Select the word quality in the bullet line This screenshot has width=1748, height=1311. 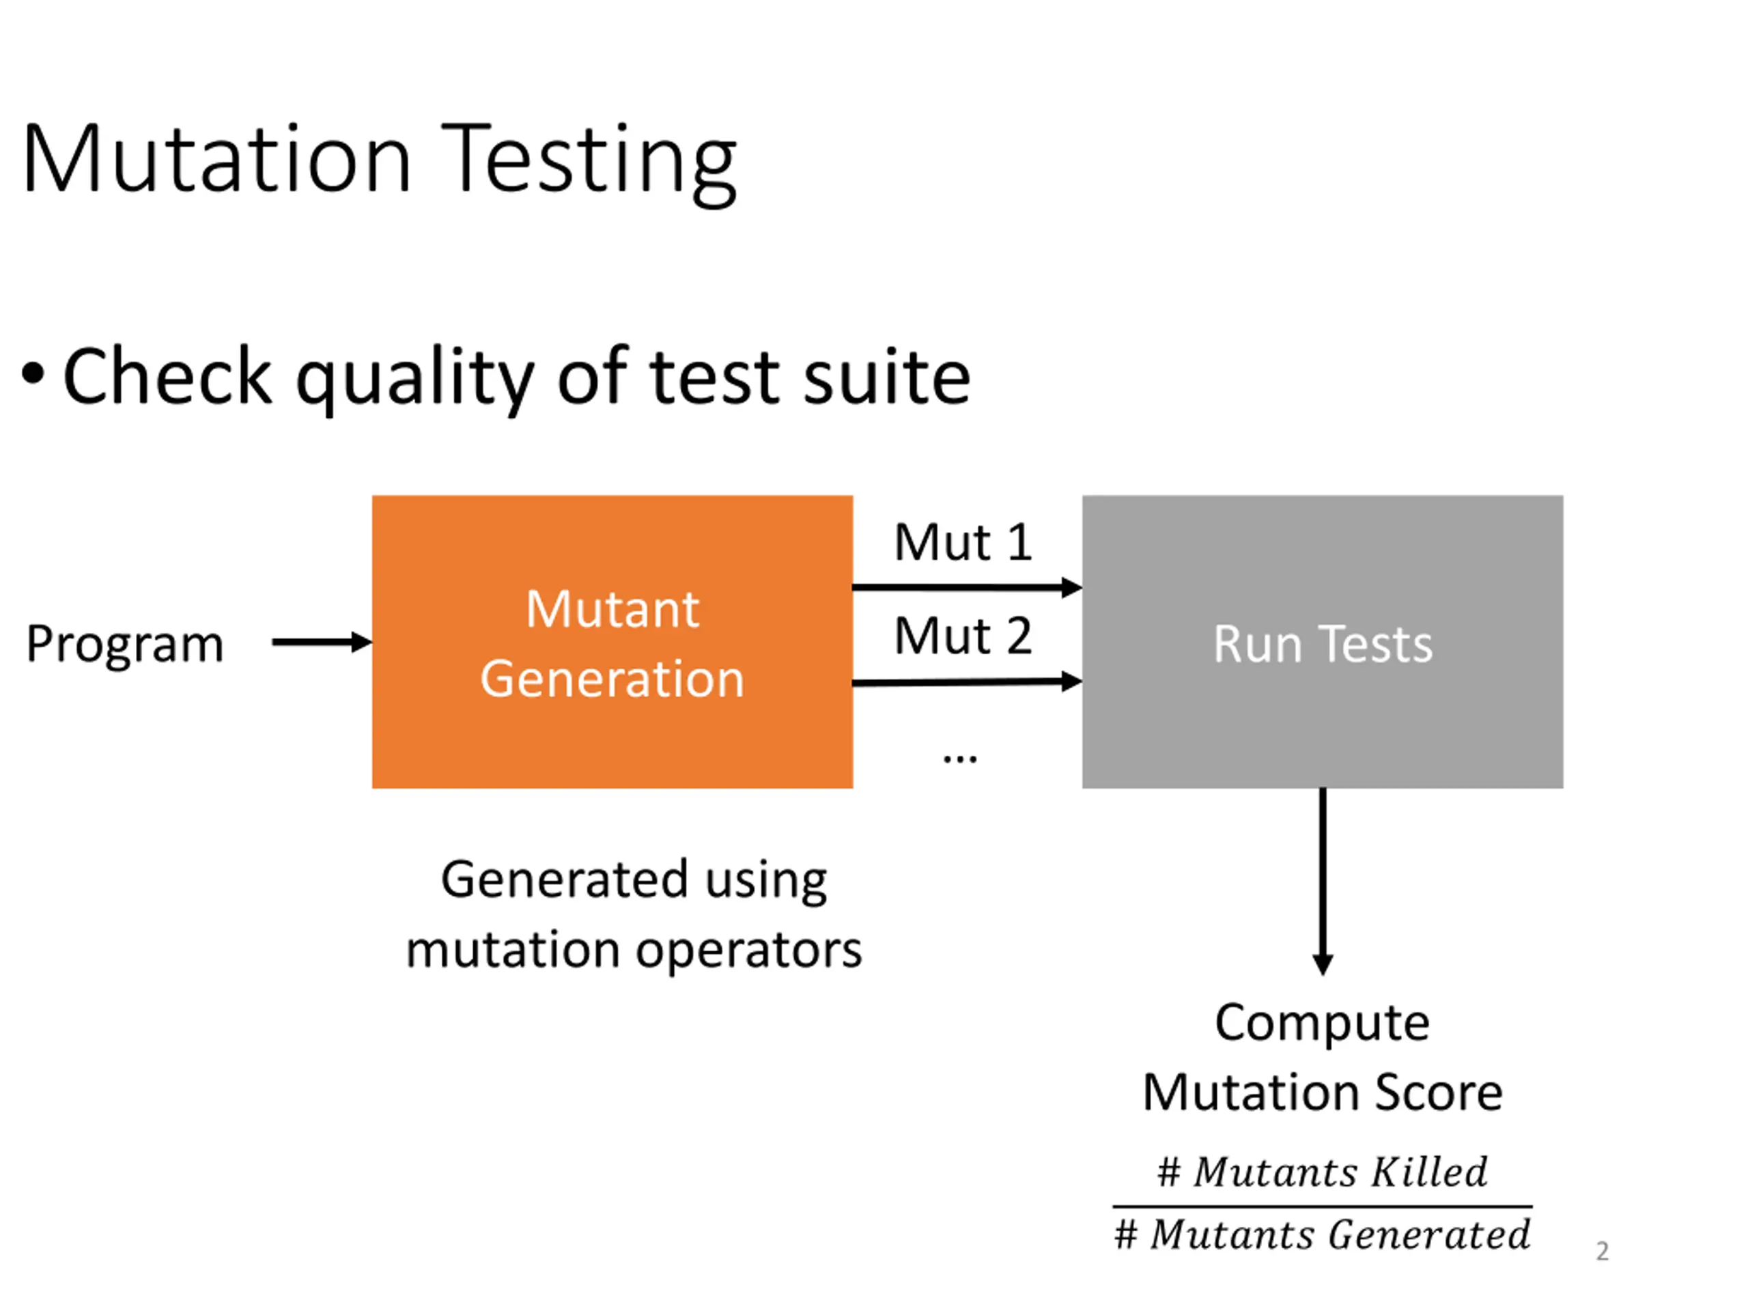(x=415, y=380)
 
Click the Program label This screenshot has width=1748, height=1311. (x=125, y=644)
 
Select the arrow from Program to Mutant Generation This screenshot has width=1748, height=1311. (x=322, y=642)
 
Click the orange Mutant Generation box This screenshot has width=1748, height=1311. (x=612, y=642)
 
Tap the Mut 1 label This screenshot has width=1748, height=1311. (x=963, y=543)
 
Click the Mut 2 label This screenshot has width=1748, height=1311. (x=963, y=636)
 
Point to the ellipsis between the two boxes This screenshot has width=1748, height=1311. (x=960, y=759)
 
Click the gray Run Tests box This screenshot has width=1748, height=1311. (x=1323, y=642)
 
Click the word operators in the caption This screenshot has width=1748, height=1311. (x=748, y=951)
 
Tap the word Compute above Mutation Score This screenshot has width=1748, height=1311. (x=1322, y=1025)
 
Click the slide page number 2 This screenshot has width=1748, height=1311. (x=1602, y=1251)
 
